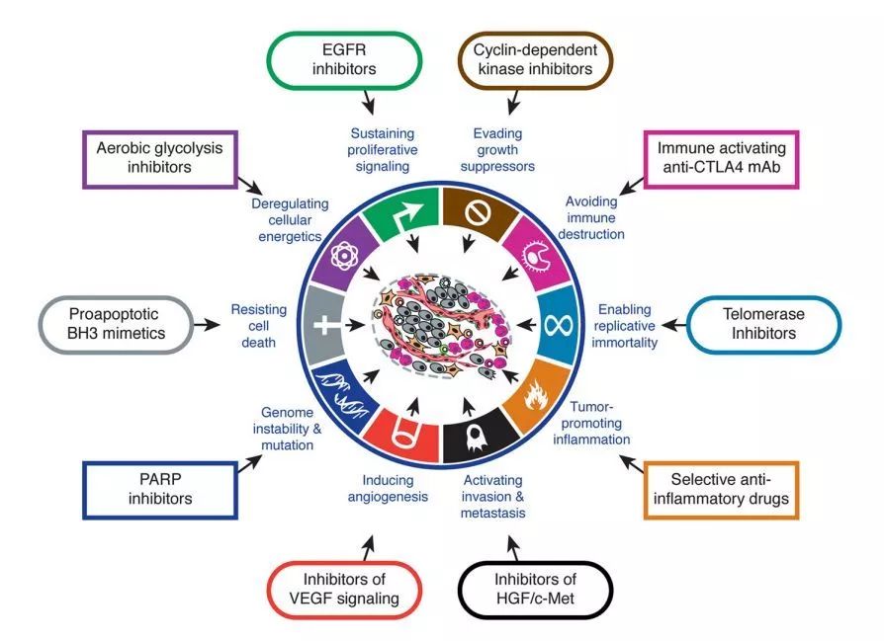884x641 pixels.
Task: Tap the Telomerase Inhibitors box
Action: pyautogui.click(x=755, y=323)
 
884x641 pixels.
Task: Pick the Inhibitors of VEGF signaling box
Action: pyautogui.click(x=345, y=589)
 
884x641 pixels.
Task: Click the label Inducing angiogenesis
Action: pyautogui.click(x=388, y=488)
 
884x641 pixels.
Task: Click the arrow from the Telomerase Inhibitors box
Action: pyautogui.click(x=673, y=323)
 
